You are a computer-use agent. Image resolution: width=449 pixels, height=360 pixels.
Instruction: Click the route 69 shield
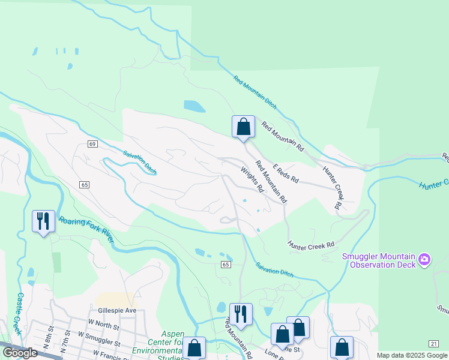[92, 144]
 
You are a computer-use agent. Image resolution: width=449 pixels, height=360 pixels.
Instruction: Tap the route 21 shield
[433, 343]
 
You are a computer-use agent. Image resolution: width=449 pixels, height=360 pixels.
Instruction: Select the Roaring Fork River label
[87, 229]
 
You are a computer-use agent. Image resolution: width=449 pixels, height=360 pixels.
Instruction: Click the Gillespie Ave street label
[117, 310]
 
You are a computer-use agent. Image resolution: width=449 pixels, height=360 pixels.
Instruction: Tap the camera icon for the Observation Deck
[425, 260]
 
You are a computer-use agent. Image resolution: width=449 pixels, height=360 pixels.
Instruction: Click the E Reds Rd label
[286, 173]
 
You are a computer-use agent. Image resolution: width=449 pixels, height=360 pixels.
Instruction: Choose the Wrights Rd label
[252, 179]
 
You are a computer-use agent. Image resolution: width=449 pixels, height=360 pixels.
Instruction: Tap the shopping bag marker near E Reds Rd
[243, 127]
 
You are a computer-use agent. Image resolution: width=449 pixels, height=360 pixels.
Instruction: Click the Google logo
[20, 353]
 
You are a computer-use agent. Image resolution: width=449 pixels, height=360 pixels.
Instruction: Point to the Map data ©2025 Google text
[412, 355]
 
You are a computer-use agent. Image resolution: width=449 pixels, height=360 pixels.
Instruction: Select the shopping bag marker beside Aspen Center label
[194, 347]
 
